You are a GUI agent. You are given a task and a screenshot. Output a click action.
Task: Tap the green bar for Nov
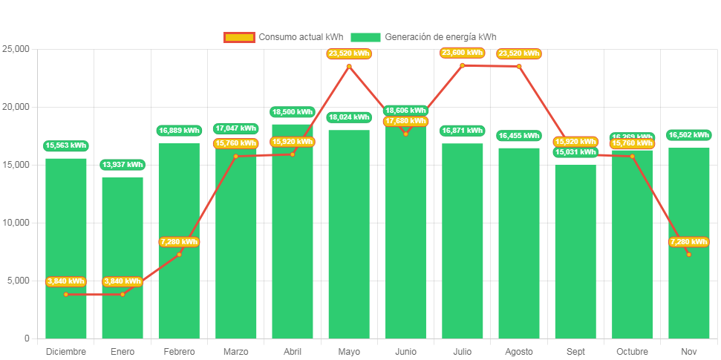coord(689,297)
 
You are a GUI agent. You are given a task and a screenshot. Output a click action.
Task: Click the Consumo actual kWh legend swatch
coord(239,37)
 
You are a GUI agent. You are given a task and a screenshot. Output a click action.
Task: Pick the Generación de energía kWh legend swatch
coord(365,37)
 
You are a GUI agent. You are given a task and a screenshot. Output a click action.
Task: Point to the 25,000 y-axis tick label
coord(16,49)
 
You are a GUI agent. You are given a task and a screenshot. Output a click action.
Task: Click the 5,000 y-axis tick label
coord(18,281)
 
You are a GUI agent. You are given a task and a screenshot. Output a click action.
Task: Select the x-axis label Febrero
coord(179,352)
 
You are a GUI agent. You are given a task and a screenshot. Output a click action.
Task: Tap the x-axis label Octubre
coord(633,352)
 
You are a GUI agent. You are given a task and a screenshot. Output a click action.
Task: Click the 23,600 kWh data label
coord(462,53)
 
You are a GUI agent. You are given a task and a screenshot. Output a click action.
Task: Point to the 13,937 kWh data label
coord(123,165)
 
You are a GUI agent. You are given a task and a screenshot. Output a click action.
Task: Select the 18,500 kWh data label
coord(293,112)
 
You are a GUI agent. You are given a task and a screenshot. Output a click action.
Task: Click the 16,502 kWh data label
coord(689,135)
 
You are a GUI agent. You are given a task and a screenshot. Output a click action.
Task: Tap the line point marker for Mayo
coord(349,66)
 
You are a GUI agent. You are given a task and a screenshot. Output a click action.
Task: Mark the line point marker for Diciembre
coord(66,294)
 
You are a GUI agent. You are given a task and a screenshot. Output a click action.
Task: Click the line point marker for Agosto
coord(519,66)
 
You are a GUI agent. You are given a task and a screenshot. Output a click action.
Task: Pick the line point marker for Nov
coord(689,255)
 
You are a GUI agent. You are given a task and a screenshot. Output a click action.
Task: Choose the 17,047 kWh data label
coord(236,128)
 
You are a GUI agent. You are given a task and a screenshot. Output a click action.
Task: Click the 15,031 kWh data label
coord(575,153)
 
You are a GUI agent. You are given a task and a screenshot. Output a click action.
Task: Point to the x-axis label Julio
coord(462,352)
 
